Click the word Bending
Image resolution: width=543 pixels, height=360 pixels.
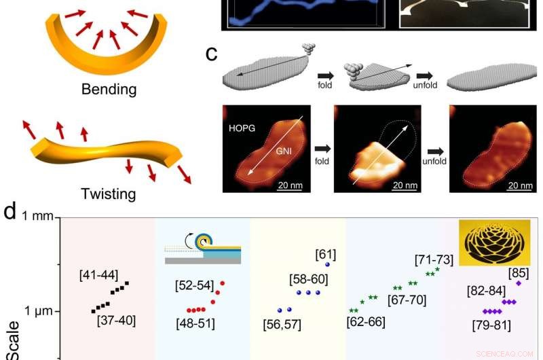pyautogui.click(x=109, y=90)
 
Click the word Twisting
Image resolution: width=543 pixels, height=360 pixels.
pyautogui.click(x=109, y=194)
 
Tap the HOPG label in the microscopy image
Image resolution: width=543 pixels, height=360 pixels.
pyautogui.click(x=242, y=128)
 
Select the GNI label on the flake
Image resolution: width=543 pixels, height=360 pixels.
pyautogui.click(x=284, y=151)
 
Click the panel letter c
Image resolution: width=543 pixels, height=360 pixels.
pyautogui.click(x=211, y=54)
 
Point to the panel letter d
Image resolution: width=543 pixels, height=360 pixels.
pyautogui.click(x=10, y=211)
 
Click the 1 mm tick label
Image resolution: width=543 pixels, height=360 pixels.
pyautogui.click(x=38, y=216)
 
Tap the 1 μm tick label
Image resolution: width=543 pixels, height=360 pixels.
pyautogui.click(x=39, y=311)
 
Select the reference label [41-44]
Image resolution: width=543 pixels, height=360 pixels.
pyautogui.click(x=98, y=275)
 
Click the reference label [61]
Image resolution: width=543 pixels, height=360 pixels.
pyautogui.click(x=326, y=255)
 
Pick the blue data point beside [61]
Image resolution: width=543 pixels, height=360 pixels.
pyautogui.click(x=327, y=265)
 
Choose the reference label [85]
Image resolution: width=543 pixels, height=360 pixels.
pyautogui.click(x=519, y=273)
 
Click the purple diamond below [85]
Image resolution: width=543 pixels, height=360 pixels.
pyautogui.click(x=519, y=283)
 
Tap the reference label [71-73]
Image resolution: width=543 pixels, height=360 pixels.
pyautogui.click(x=434, y=260)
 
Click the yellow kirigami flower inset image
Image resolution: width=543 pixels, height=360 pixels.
pyautogui.click(x=495, y=242)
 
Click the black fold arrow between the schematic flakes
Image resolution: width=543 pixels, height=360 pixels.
pyautogui.click(x=326, y=75)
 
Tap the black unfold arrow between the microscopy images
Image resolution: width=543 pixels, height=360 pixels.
pyautogui.click(x=435, y=151)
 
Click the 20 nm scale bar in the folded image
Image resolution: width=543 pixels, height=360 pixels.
pyautogui.click(x=405, y=190)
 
